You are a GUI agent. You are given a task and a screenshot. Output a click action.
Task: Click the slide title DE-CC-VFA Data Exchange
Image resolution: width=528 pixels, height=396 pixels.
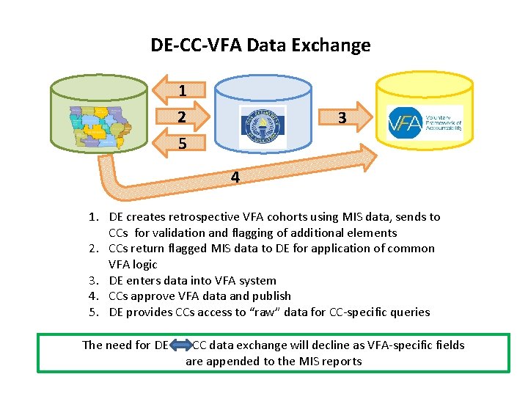(x=260, y=45)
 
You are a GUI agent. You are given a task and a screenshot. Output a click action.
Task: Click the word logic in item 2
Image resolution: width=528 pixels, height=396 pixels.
(x=145, y=264)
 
